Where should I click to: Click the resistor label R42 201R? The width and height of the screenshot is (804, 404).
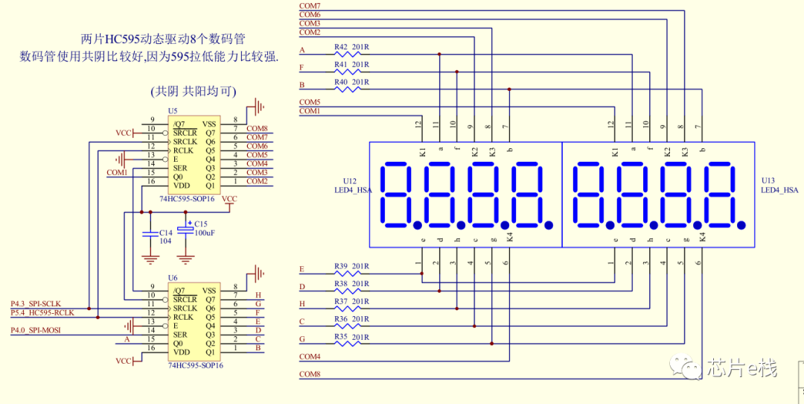tap(351, 47)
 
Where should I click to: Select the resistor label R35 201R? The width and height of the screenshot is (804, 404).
tap(351, 337)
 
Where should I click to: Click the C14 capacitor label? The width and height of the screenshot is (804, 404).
tap(165, 233)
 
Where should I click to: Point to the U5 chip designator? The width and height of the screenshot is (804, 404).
tap(173, 110)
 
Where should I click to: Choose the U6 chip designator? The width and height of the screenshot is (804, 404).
tap(173, 277)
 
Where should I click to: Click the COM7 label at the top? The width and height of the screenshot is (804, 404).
tap(310, 6)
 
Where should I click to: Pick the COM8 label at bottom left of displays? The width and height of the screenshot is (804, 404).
tap(310, 374)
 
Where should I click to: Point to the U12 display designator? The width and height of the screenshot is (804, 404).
tap(350, 181)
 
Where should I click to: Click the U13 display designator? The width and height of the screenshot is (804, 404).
tap(768, 181)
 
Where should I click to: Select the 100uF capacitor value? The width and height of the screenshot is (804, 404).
tap(206, 233)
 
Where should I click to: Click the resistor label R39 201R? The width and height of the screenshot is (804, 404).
tap(351, 266)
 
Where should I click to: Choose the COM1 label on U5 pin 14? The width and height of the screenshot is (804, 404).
tap(117, 172)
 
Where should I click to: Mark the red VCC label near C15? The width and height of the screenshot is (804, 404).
tap(230, 199)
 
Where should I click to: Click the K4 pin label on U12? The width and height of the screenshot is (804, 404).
tap(509, 237)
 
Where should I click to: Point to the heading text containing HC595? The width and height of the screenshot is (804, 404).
tap(163, 39)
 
